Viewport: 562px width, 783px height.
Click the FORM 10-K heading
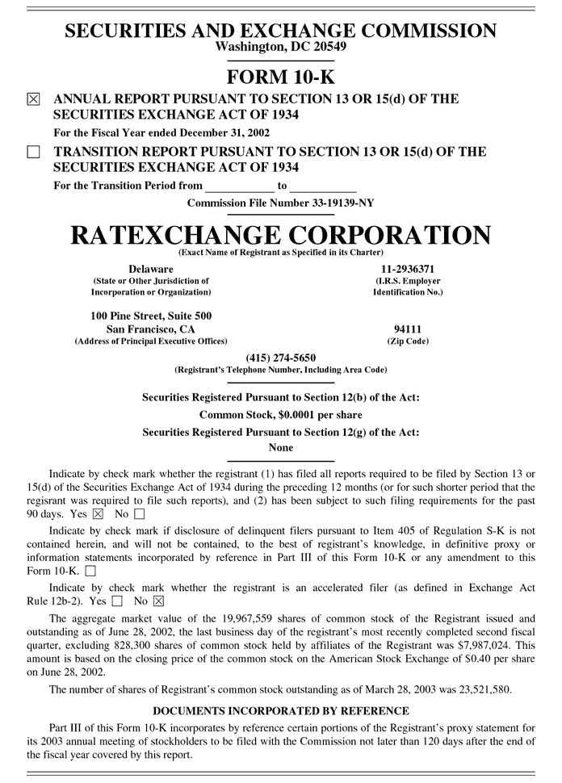click(280, 77)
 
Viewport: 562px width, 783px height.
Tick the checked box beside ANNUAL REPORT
click(33, 100)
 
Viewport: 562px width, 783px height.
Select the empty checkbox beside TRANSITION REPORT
click(33, 152)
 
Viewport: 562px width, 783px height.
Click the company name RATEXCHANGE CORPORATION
click(280, 235)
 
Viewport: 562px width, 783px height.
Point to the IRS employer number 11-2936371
click(408, 268)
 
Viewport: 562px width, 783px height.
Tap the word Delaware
click(150, 268)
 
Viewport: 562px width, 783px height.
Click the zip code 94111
click(408, 329)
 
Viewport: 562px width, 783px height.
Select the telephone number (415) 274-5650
click(280, 358)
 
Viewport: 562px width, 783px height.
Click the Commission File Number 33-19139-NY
click(280, 203)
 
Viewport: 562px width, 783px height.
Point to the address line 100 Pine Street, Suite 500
click(151, 315)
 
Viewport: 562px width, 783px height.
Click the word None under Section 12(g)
click(280, 447)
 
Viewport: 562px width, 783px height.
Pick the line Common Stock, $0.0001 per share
click(280, 415)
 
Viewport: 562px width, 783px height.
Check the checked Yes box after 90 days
click(99, 513)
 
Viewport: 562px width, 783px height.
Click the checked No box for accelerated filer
click(158, 601)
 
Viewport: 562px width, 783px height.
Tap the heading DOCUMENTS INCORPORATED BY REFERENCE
click(280, 710)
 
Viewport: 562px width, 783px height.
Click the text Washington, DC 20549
click(280, 47)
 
